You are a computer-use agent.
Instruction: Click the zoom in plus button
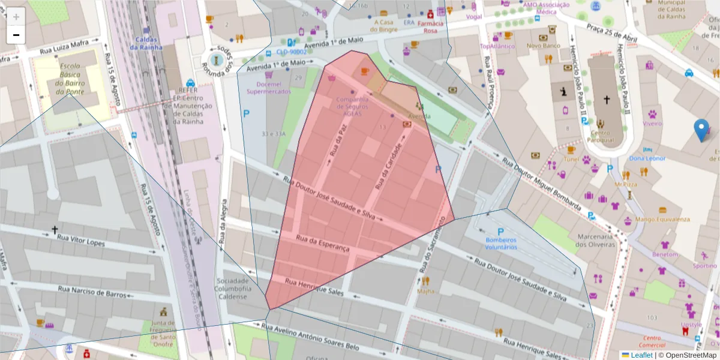tap(16, 17)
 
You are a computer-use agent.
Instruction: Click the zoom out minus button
tap(16, 35)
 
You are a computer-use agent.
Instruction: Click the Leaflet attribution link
tap(641, 355)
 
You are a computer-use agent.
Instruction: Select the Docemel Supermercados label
tap(269, 88)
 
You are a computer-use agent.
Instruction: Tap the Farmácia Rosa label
tap(434, 26)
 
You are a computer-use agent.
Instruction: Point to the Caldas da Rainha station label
tap(146, 43)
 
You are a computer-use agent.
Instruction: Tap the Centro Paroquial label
tap(605, 137)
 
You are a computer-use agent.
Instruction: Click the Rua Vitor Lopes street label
tap(81, 241)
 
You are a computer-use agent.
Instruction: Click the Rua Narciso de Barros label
tap(92, 292)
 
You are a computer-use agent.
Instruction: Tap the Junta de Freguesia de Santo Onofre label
tap(163, 329)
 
